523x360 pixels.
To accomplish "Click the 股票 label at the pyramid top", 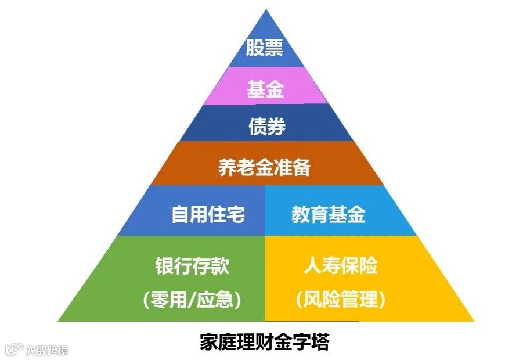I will coord(264,48).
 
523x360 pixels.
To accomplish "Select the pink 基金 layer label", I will coord(265,90).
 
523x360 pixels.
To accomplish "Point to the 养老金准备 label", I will coord(264,167).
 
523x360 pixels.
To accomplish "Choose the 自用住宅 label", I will coord(208,215).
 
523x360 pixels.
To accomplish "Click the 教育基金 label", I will coord(328,215).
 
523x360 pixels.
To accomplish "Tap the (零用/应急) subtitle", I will coord(192,300).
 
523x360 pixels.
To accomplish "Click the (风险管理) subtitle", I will coord(340,300).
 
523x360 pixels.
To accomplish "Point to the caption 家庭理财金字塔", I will coord(264,342).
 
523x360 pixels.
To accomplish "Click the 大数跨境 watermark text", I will coord(46,351).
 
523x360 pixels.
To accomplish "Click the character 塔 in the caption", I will coord(320,342).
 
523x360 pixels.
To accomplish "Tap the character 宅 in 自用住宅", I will coord(236,215).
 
